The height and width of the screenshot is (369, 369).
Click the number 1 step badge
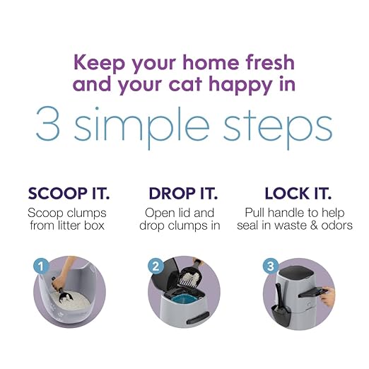[x=40, y=267]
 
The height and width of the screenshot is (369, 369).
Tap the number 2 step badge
[x=155, y=267]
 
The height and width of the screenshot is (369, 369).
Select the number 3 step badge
[x=269, y=267]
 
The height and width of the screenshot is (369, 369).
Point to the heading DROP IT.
[x=183, y=193]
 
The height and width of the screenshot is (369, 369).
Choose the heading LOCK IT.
[x=298, y=193]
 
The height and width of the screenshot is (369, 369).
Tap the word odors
[x=336, y=225]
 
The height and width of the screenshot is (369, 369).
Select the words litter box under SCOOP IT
[x=86, y=225]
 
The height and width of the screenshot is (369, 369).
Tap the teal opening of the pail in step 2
[x=187, y=300]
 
